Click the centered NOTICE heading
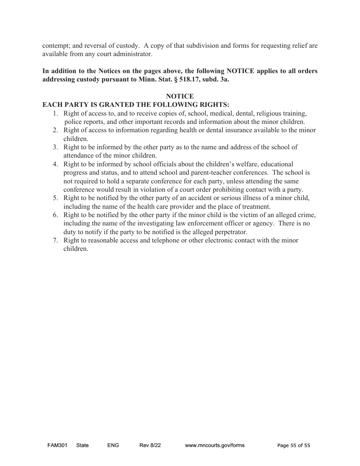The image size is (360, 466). coord(180,97)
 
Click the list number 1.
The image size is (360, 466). coord(55,114)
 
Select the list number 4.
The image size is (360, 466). coord(55,164)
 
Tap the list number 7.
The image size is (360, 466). coord(55,241)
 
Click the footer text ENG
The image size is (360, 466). coord(113,446)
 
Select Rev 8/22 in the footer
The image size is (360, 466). coord(150,446)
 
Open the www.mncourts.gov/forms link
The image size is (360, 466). coord(214,446)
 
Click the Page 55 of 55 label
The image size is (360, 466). coord(294,446)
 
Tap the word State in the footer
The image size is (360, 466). coord(82,446)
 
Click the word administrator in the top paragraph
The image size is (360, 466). coord(131,54)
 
